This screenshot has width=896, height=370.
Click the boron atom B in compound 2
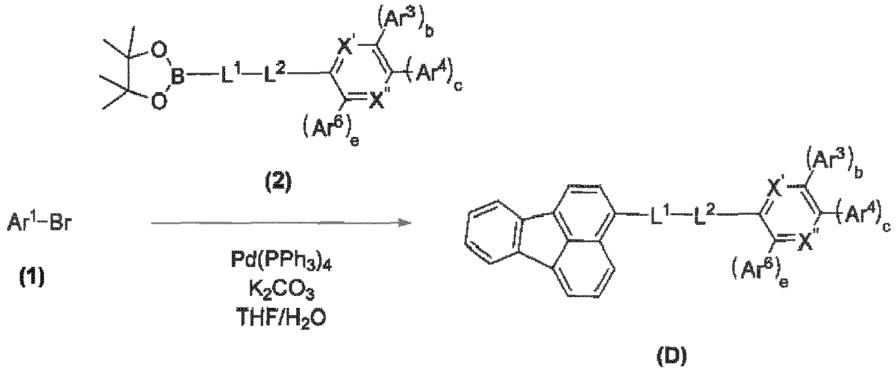click(178, 75)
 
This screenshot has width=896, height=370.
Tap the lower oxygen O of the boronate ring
click(160, 102)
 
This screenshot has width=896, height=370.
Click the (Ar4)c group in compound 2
click(434, 75)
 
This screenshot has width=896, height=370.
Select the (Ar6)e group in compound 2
click(331, 130)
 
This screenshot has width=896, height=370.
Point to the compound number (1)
click(31, 277)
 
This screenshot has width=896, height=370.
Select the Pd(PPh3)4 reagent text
click(281, 261)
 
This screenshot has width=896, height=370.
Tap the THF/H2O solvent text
click(281, 319)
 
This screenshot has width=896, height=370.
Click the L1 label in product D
click(659, 214)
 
